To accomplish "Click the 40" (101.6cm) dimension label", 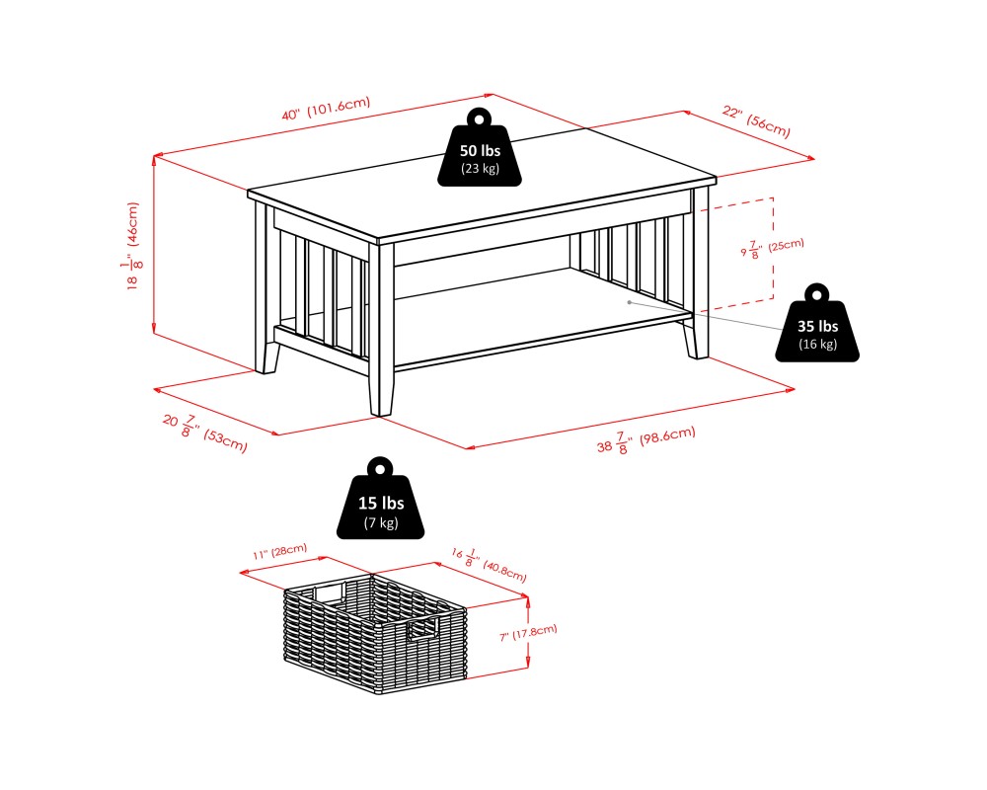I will point(325,110).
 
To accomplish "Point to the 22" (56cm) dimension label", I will point(756,120).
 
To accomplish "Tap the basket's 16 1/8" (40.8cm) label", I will point(490,562).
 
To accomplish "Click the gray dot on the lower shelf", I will point(629,302).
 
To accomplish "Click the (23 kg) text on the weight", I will point(480,169).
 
